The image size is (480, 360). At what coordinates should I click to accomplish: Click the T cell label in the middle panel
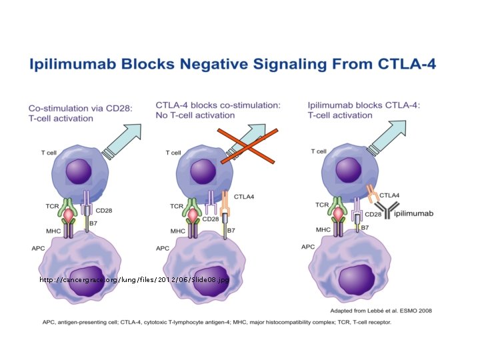pyautogui.click(x=172, y=153)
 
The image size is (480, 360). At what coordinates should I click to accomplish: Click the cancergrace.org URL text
pyautogui.click(x=133, y=280)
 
